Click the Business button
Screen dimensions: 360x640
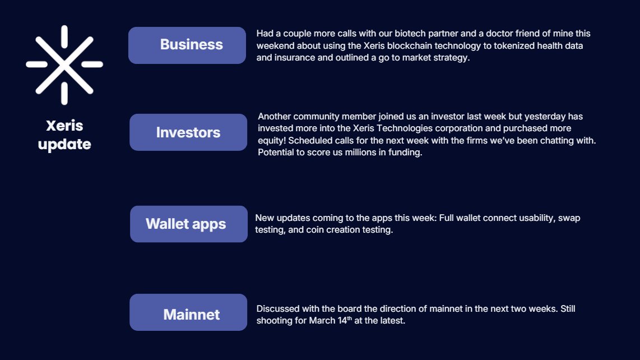[187, 45]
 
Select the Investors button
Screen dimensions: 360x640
[188, 132]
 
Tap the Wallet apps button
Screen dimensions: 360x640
[188, 224]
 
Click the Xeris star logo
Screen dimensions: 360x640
[64, 64]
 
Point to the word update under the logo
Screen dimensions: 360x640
[64, 144]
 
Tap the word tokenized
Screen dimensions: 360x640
[511, 46]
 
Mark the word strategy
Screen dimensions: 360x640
[449, 58]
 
